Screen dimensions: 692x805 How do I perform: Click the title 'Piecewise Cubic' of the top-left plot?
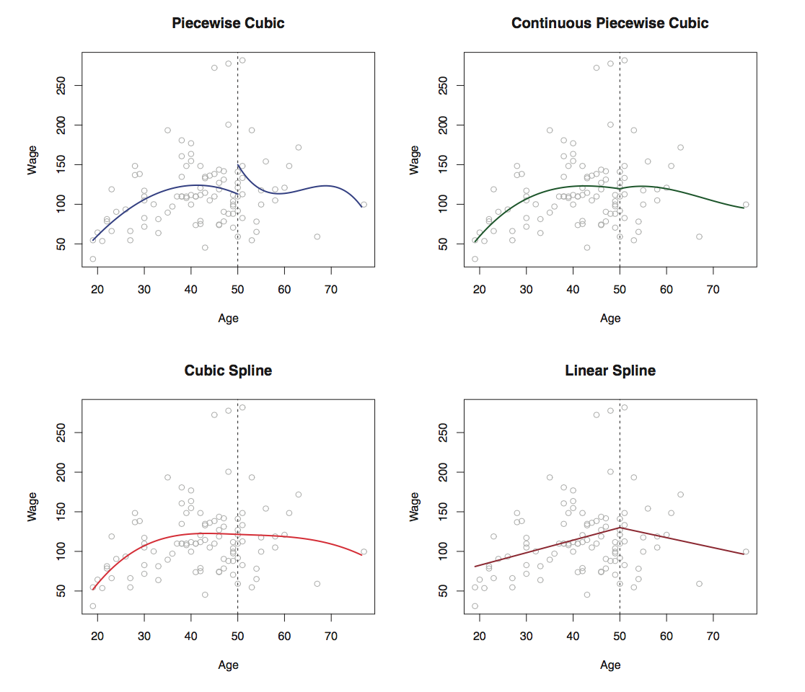coord(228,23)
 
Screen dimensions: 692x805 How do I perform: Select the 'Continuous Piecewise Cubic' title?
coord(610,23)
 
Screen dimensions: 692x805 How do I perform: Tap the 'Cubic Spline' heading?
coord(228,371)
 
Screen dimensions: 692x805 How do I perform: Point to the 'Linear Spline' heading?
coord(610,371)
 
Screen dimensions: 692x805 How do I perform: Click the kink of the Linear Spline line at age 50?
coord(620,528)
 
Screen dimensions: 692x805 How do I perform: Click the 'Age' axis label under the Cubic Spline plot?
coord(228,665)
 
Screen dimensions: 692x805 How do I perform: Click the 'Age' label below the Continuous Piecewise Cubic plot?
coord(610,318)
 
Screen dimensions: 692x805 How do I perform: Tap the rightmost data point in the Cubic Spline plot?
coord(364,551)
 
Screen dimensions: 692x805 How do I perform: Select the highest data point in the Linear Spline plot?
coord(625,407)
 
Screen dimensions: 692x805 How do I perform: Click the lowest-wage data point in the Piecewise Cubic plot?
coord(92,259)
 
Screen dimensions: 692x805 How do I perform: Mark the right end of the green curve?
coord(744,208)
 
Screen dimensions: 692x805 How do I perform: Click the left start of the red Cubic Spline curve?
coord(93,590)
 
